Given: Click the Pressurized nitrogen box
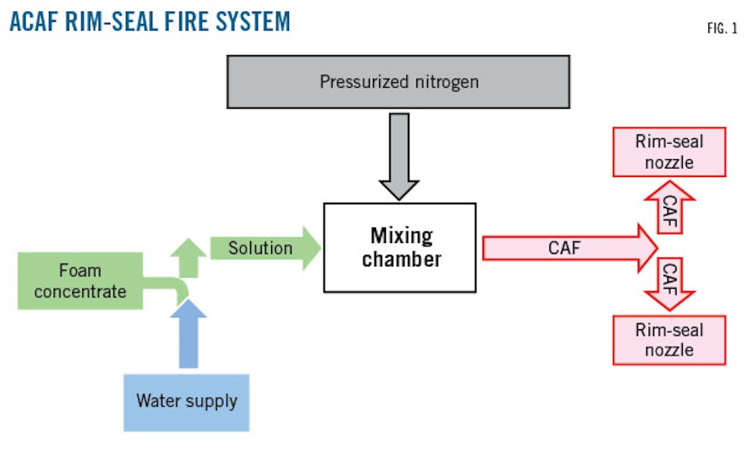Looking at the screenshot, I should coord(398,82).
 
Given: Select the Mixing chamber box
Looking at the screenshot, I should coord(399,248).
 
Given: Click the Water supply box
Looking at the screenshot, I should coord(186,402).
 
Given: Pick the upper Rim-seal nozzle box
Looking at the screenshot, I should coord(669,152).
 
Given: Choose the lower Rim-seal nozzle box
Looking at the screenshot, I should coord(669,340).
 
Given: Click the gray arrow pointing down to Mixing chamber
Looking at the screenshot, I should coord(399,155).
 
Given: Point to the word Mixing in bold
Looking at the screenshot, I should coord(401,235).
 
